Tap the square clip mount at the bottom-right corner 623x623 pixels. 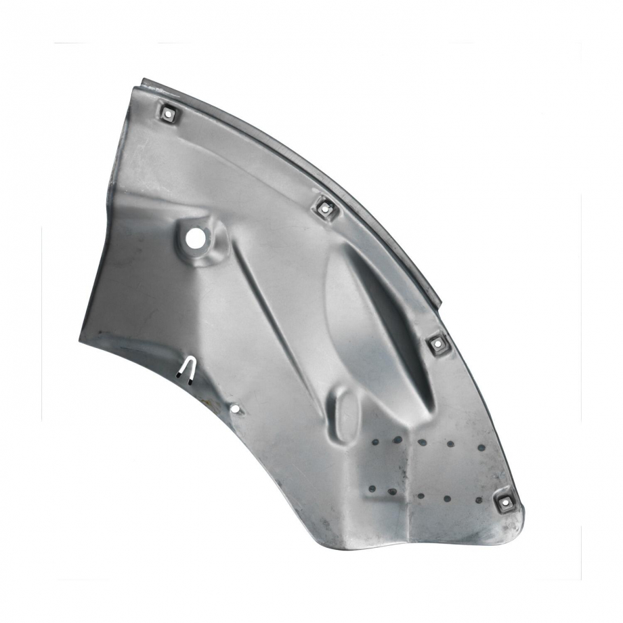(505, 502)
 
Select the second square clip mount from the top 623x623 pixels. (326, 208)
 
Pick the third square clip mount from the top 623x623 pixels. (437, 344)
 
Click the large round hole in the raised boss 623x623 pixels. (195, 238)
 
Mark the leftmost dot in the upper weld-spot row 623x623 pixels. (375, 442)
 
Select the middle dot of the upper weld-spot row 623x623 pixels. (422, 442)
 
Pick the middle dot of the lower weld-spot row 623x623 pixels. (421, 496)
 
